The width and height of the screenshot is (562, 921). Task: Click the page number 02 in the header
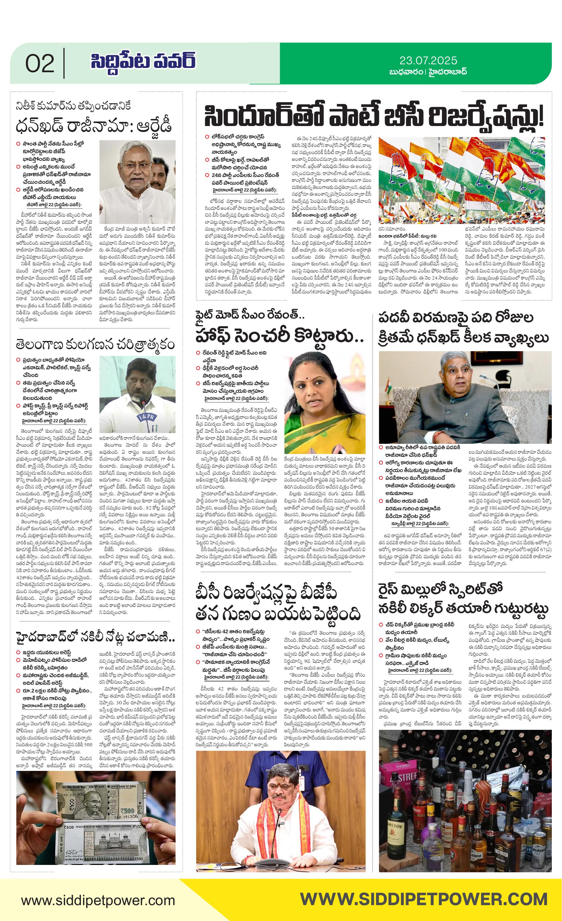40,63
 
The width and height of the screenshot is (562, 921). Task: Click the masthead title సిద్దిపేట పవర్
142,61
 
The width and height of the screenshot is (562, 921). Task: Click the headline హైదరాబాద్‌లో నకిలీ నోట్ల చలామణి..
95,637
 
